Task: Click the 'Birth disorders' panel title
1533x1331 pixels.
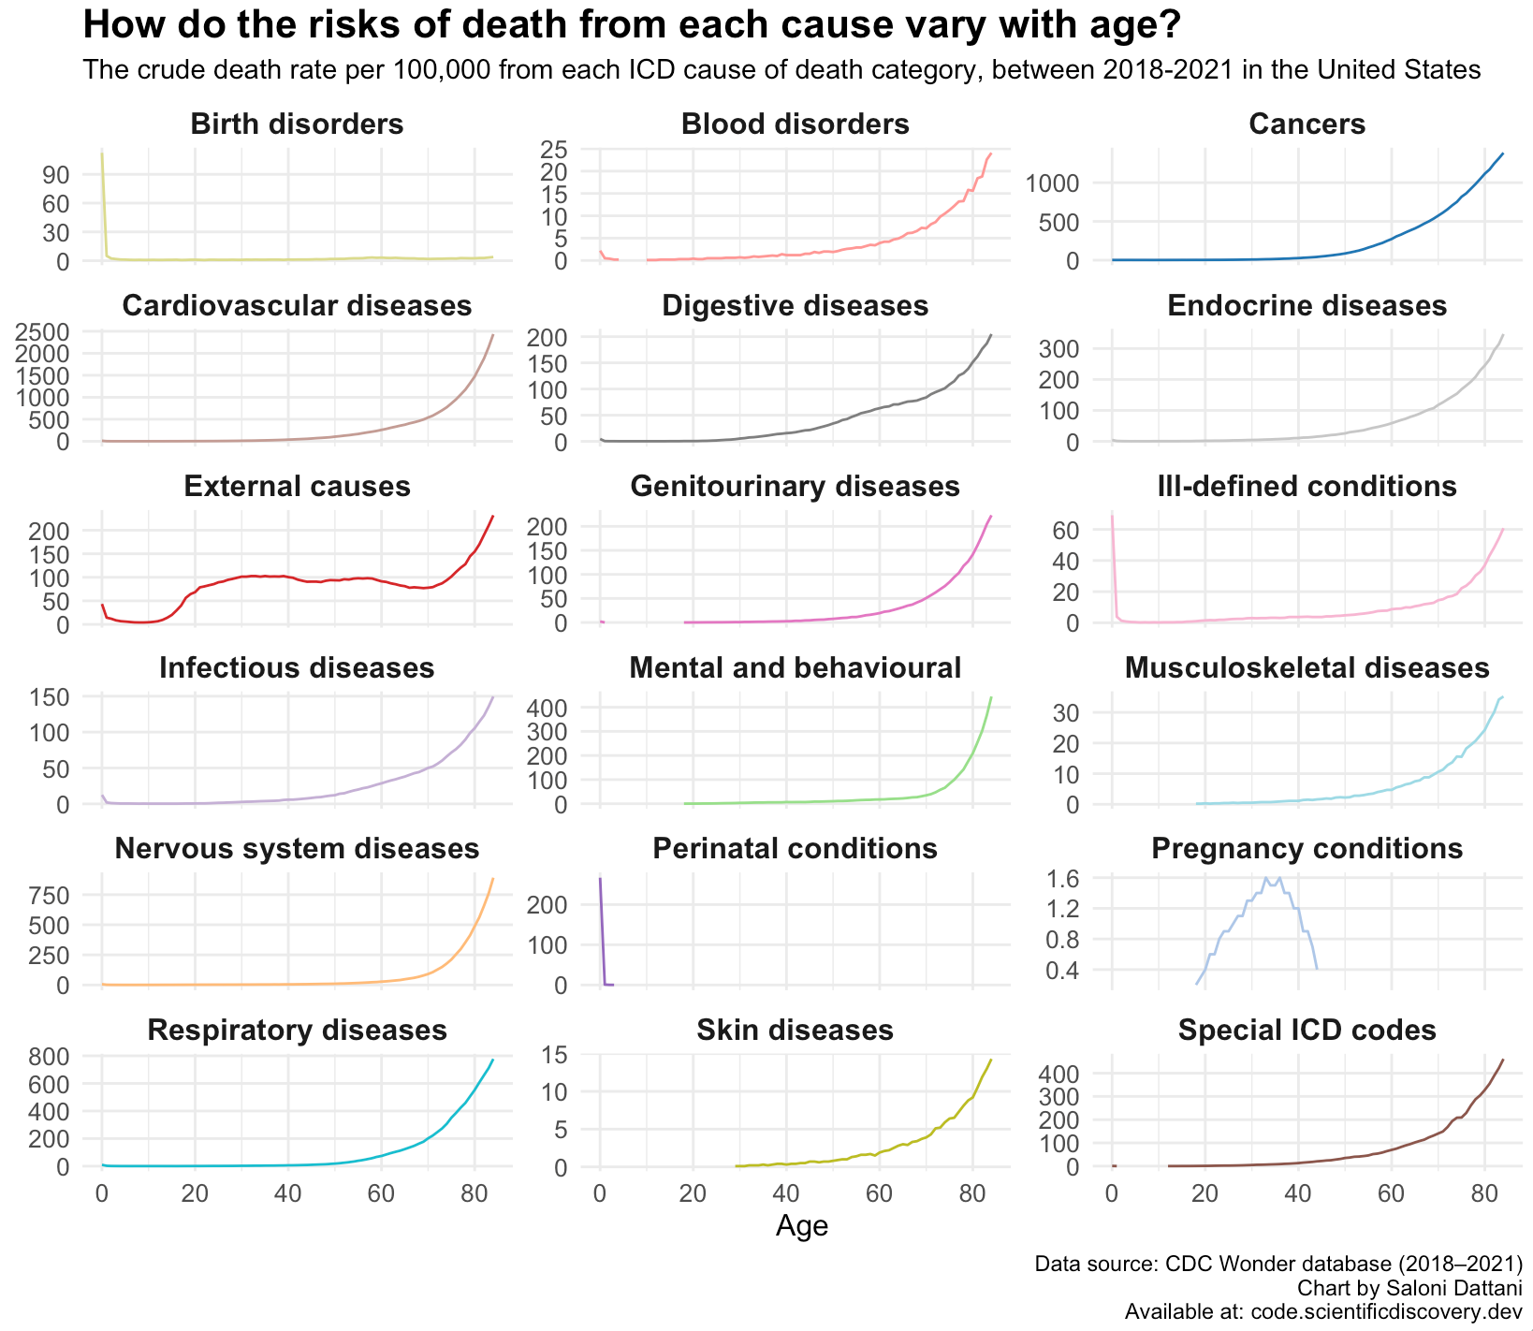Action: (297, 124)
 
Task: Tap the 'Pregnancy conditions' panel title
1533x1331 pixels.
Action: (1307, 849)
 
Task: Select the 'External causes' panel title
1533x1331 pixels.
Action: (297, 487)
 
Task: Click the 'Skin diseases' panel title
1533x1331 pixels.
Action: (795, 1031)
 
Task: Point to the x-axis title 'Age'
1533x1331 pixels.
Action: (802, 1226)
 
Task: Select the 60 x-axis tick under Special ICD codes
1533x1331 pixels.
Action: (1391, 1194)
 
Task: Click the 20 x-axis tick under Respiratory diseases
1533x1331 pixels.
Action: (195, 1194)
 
